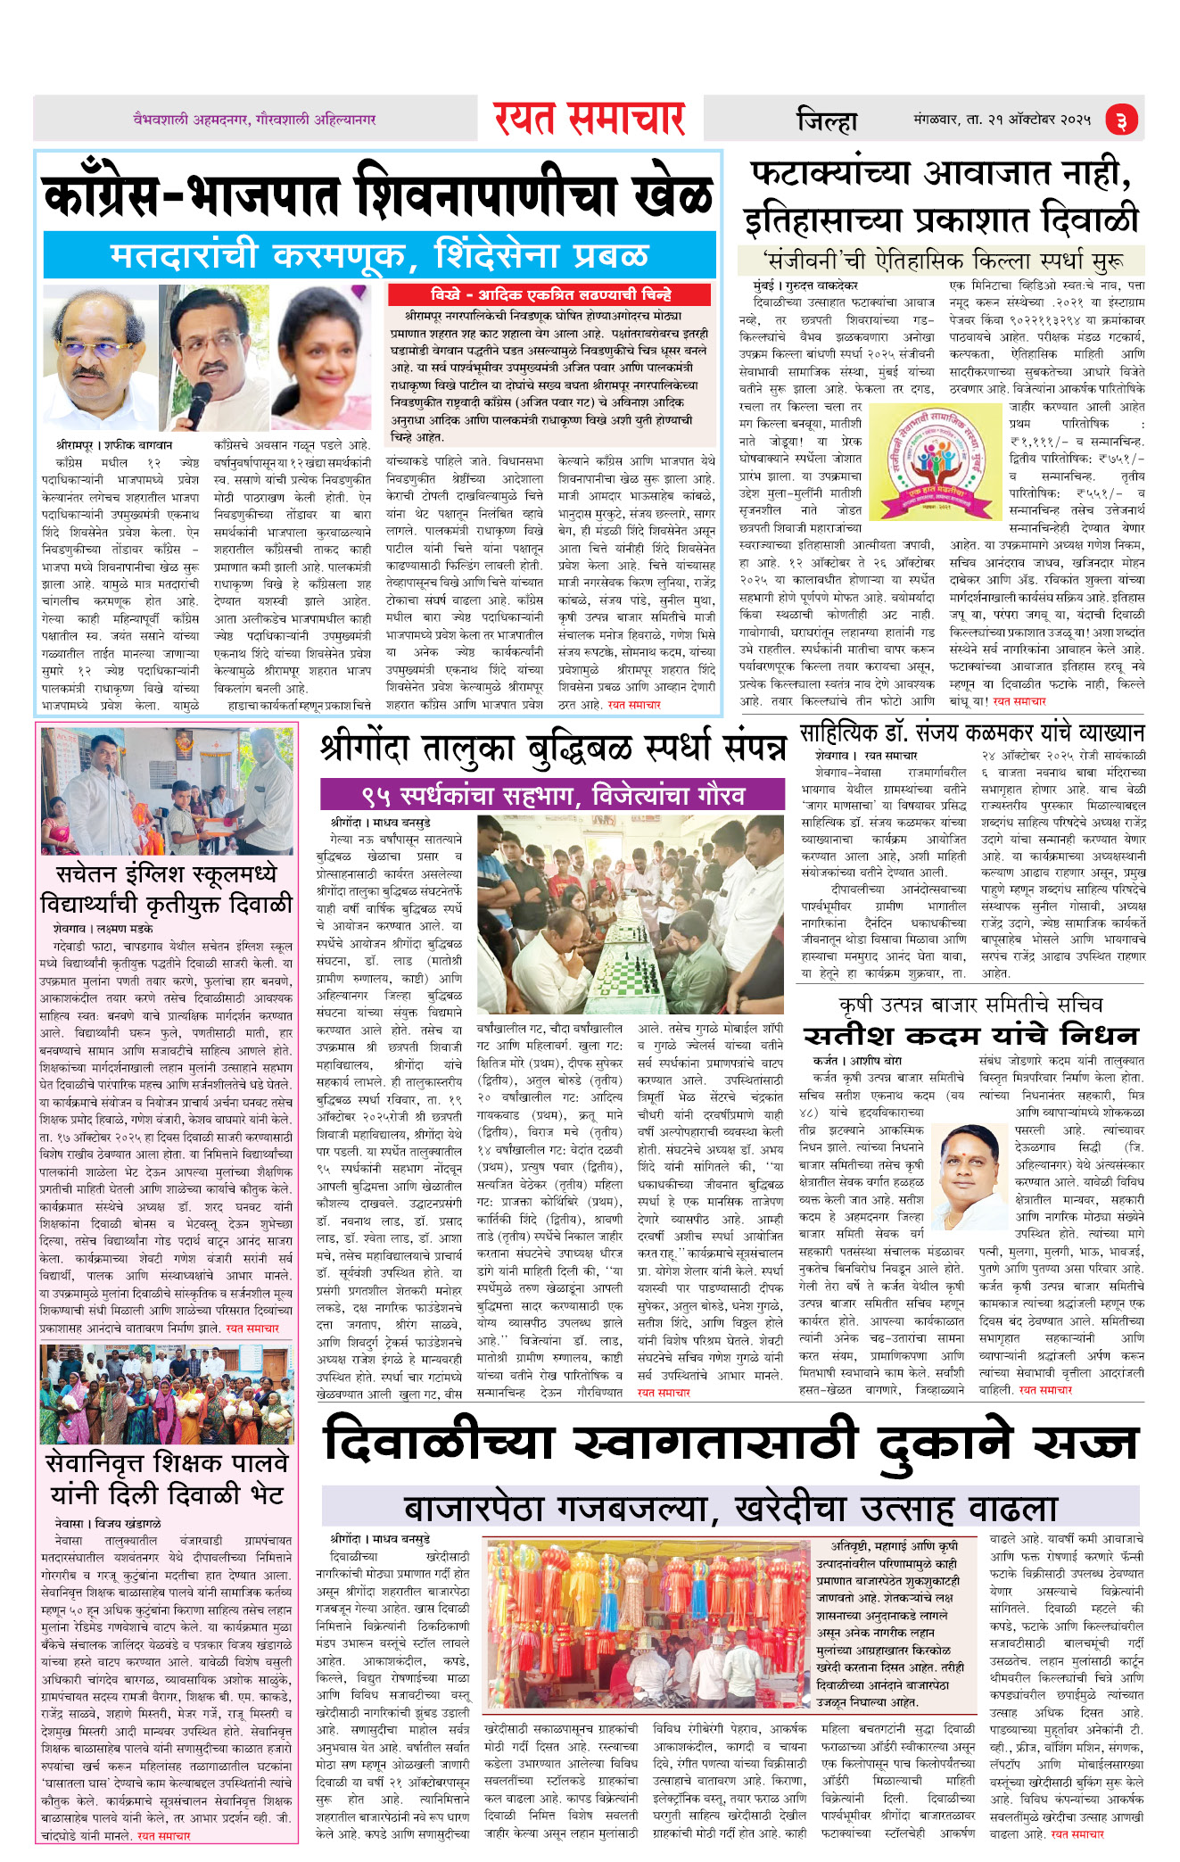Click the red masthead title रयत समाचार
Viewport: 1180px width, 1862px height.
point(589,119)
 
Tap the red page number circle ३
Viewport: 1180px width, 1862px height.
point(1122,120)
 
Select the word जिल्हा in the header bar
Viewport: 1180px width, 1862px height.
point(826,120)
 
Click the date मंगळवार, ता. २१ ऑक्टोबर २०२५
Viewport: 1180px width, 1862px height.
point(1002,119)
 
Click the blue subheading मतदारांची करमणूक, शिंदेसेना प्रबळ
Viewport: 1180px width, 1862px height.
point(379,255)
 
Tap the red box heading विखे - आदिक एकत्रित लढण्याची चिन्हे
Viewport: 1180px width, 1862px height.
point(550,294)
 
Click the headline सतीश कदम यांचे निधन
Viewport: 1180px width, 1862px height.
point(970,1035)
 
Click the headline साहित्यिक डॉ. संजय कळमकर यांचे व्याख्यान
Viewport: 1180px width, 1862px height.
point(971,732)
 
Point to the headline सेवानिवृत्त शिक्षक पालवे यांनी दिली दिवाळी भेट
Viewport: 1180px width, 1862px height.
point(167,1478)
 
